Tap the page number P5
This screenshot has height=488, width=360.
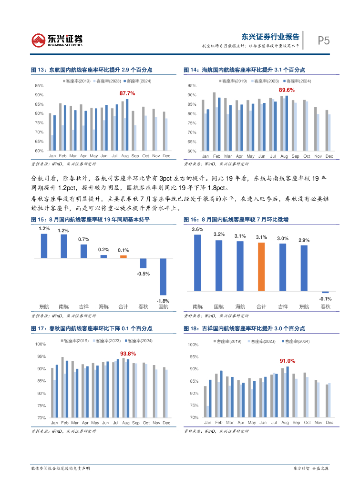point(324,41)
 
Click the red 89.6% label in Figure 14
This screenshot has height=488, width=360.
point(287,90)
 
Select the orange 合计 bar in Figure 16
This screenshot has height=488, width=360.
point(261,266)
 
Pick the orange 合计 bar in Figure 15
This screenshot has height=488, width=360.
point(123,256)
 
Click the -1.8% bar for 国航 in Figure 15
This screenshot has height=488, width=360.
point(163,276)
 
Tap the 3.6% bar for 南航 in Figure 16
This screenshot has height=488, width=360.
point(197,263)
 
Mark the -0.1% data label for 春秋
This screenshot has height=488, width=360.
point(325,299)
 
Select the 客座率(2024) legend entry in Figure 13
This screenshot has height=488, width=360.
point(139,81)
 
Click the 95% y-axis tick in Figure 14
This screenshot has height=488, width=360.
point(192,86)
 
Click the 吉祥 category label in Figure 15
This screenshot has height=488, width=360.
point(83,307)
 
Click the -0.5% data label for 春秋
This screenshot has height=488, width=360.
point(143,274)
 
